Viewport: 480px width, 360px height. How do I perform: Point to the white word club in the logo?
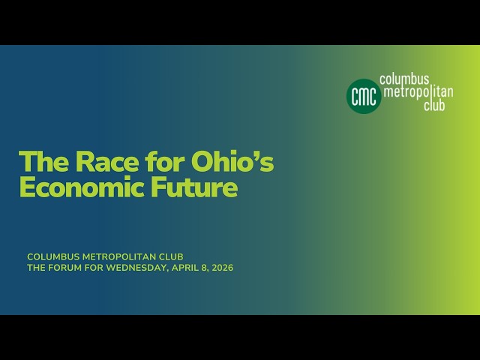pyautogui.click(x=433, y=106)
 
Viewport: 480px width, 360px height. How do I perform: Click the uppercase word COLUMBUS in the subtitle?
pyautogui.click(x=52, y=256)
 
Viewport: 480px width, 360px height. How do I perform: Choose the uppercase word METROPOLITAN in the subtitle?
pyautogui.click(x=120, y=256)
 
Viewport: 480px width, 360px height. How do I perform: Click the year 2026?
pyautogui.click(x=222, y=268)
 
